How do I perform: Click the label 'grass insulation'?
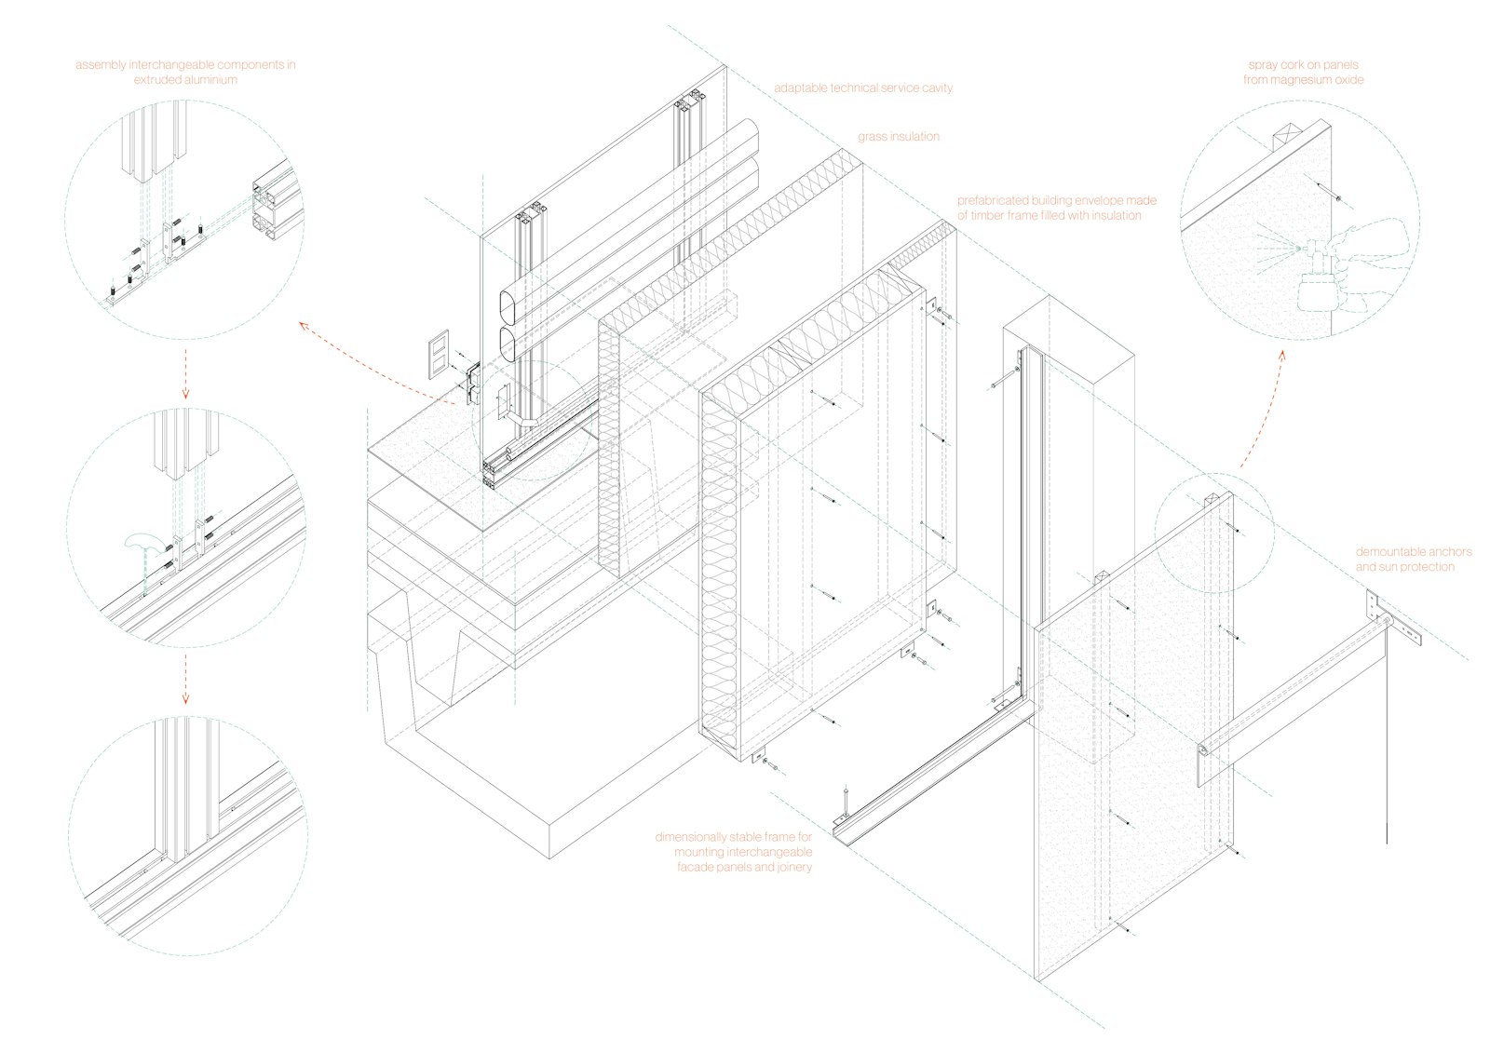[899, 137]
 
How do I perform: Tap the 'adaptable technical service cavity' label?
[863, 88]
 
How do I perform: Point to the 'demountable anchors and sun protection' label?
[1413, 559]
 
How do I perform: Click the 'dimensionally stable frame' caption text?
[734, 852]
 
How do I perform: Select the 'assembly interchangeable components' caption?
[185, 73]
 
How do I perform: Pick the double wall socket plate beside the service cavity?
[437, 358]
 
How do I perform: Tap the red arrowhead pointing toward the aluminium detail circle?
[303, 325]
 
